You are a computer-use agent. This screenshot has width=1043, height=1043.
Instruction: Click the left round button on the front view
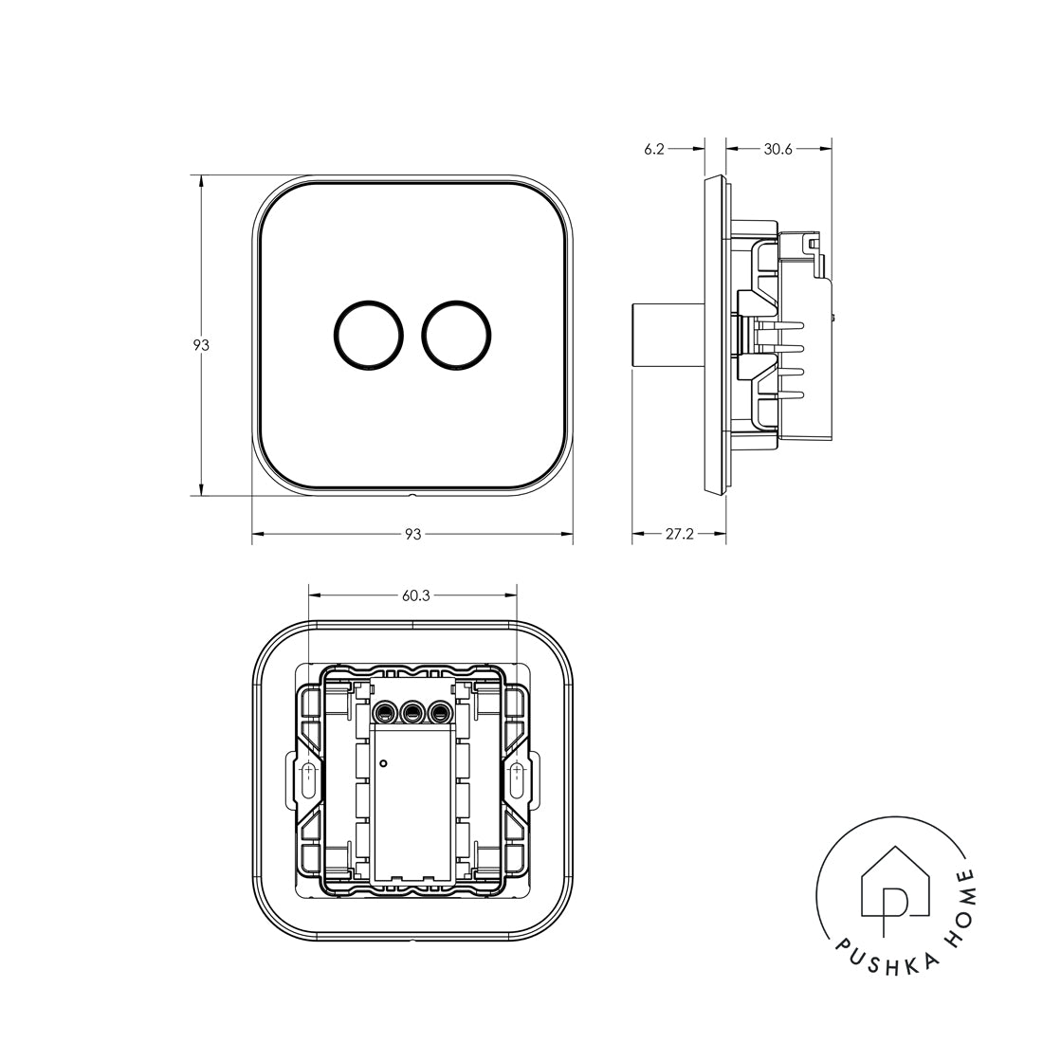[369, 335]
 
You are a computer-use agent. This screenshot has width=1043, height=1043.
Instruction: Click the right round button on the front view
[457, 335]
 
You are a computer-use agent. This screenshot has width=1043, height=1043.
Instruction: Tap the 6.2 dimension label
[654, 148]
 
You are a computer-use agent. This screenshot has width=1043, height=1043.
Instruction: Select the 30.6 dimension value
[778, 148]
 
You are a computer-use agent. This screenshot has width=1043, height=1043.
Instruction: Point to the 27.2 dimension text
[678, 535]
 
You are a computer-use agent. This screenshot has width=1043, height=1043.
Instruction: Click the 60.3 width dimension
[415, 596]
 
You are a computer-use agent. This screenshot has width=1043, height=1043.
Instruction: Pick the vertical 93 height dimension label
[201, 346]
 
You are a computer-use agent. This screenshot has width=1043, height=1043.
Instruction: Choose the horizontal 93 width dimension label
[412, 535]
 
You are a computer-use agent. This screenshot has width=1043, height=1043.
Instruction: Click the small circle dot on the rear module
[383, 762]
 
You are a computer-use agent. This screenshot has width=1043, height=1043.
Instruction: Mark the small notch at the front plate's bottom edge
[412, 495]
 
